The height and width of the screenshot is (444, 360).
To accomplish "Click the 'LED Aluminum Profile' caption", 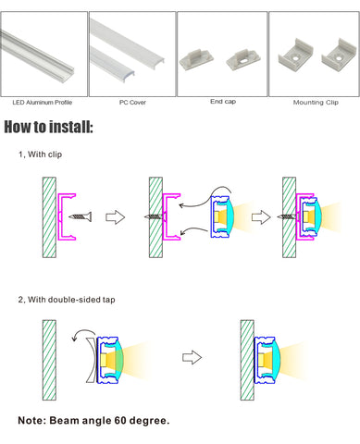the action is pos(43,103).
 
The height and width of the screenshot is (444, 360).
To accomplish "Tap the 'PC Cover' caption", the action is pos(132,103).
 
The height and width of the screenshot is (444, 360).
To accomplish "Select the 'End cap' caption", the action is pos(223,102).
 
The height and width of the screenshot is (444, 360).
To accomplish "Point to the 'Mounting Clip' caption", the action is pos(316,103).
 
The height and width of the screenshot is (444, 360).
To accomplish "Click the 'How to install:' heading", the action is pos(48,127).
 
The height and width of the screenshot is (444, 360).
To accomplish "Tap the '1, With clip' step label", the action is pos(40,154).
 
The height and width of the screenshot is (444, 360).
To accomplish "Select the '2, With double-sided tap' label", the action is pos(67,300).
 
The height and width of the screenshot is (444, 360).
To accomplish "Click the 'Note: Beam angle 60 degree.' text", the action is pos(93,420).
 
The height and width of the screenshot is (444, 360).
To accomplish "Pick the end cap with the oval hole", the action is pos(243,59).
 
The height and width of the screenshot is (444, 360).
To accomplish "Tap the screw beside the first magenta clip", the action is pos(81,216).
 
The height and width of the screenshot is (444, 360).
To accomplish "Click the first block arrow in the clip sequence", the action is pos(116,217).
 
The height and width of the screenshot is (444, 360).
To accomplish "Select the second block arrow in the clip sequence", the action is pos(261,217).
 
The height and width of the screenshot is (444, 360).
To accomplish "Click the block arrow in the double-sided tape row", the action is pos(192,357).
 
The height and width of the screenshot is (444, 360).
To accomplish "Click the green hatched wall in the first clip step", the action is pos(49,217).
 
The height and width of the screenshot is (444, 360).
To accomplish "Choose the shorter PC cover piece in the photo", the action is pos(113,64).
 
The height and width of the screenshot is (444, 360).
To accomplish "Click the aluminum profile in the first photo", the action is pos(37,53).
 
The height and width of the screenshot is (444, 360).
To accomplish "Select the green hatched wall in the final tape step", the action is pos(247,360).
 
